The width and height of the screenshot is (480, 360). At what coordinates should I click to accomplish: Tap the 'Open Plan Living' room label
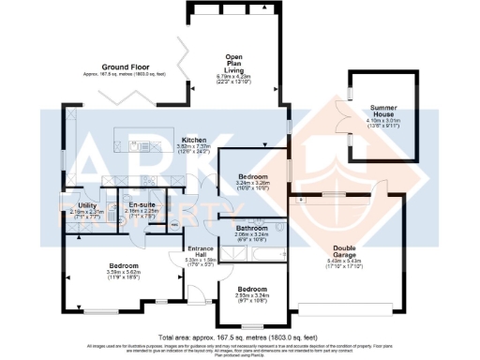click(229, 61)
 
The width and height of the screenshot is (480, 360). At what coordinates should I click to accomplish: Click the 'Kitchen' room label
click(193, 140)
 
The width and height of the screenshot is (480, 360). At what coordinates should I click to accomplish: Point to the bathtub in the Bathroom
click(246, 217)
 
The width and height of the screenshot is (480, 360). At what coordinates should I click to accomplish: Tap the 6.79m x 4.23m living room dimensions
click(229, 77)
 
